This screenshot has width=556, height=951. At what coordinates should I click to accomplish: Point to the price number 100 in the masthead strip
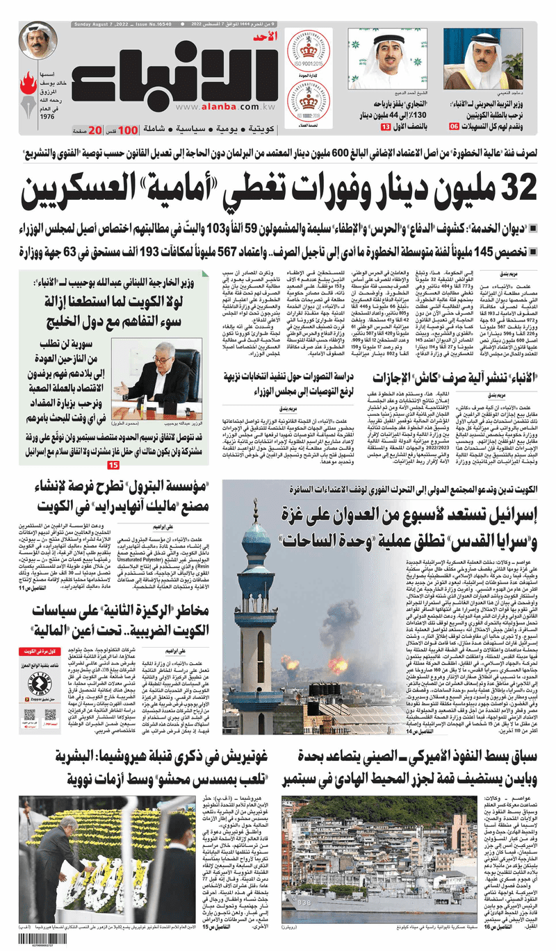click(127, 130)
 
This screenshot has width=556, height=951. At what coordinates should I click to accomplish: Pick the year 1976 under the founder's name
click(48, 116)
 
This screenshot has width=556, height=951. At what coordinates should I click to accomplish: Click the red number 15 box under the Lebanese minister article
click(114, 465)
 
